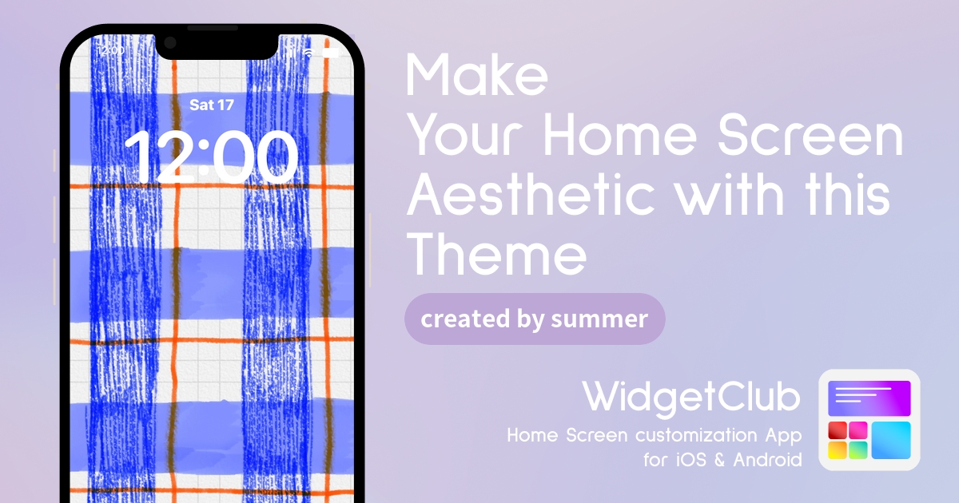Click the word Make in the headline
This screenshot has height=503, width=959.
pyautogui.click(x=476, y=75)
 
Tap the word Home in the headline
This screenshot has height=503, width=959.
pyautogui.click(x=620, y=135)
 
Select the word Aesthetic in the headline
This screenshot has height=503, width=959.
pyautogui.click(x=531, y=195)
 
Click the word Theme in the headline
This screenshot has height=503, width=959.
pyautogui.click(x=496, y=254)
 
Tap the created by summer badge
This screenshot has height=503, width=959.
pyautogui.click(x=535, y=319)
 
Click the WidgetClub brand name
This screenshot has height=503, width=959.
pyautogui.click(x=691, y=398)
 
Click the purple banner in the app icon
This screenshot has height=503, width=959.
pyautogui.click(x=869, y=398)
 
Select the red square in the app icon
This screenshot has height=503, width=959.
pyautogui.click(x=838, y=430)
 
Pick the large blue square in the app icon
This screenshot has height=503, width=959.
pyautogui.click(x=891, y=440)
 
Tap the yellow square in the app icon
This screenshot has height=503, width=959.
pyautogui.click(x=838, y=450)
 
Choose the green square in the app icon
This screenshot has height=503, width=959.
pyautogui.click(x=858, y=450)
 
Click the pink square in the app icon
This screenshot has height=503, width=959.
pyautogui.click(x=858, y=430)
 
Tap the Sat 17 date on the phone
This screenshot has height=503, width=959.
pyautogui.click(x=212, y=105)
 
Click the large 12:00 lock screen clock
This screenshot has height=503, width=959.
pyautogui.click(x=212, y=157)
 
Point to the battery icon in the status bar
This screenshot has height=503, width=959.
pyautogui.click(x=331, y=53)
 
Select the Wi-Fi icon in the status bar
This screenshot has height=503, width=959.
pyautogui.click(x=309, y=53)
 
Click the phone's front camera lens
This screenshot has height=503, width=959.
pyautogui.click(x=170, y=43)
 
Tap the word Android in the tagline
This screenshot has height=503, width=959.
pyautogui.click(x=768, y=460)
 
